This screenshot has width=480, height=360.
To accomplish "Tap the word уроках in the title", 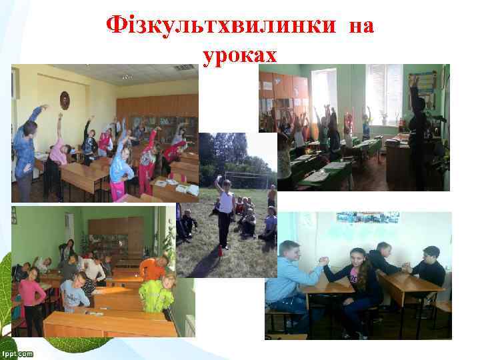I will (x=239, y=54).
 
